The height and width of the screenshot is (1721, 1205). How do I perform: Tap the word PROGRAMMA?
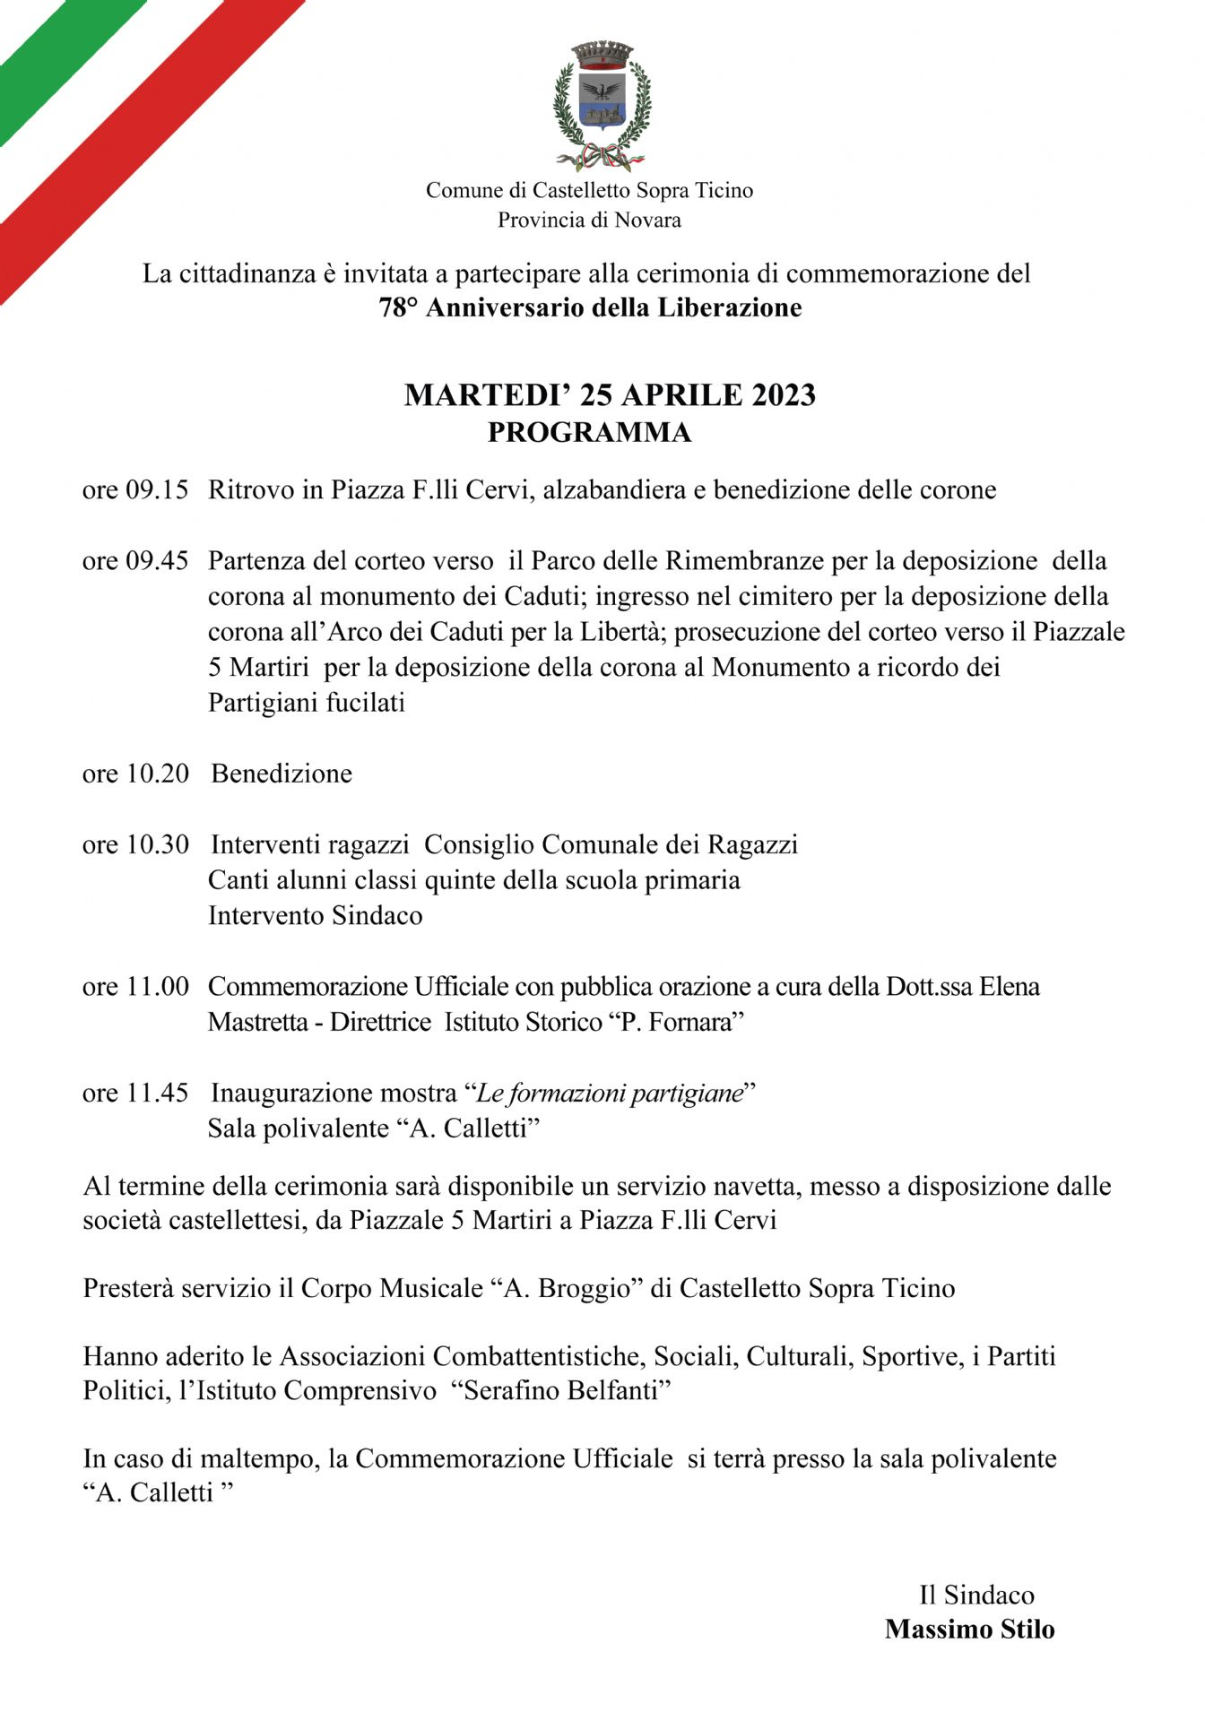coord(589,433)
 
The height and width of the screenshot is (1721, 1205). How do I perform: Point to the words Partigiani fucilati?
coord(307,703)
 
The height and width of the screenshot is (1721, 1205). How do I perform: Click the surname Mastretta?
coord(258,1023)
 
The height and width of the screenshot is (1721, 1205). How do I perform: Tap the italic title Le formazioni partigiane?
coord(610,1094)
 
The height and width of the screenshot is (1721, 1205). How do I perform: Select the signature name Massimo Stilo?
coord(969,1629)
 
